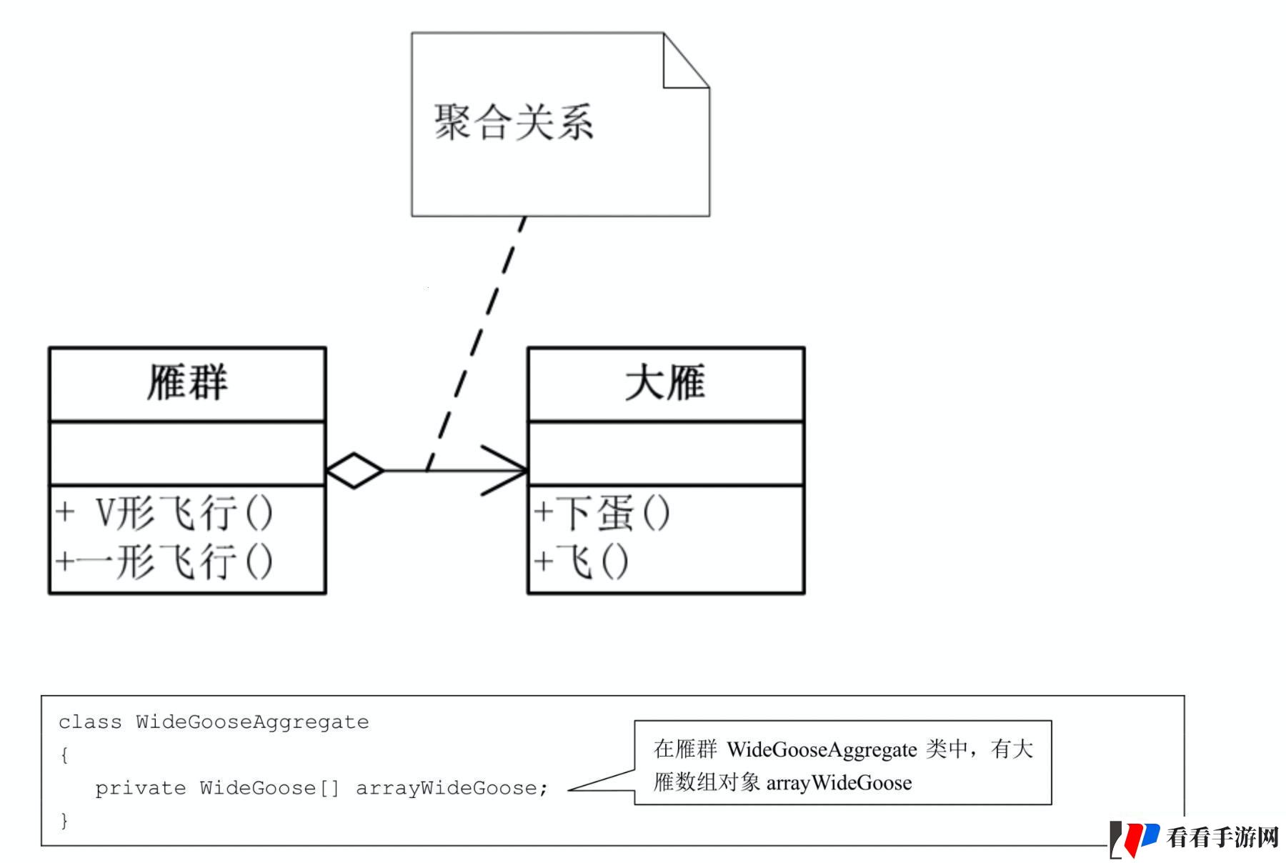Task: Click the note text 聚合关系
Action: pos(514,122)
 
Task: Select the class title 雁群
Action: pos(187,382)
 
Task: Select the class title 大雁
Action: pos(665,382)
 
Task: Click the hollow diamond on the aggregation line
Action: pos(354,470)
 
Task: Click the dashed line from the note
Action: pos(476,344)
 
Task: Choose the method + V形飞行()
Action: pos(164,513)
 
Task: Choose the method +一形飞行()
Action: pos(164,561)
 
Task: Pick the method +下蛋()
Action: pos(602,513)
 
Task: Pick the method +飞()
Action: pos(581,561)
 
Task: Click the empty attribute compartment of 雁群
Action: pos(187,453)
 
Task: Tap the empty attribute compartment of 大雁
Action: pos(666,453)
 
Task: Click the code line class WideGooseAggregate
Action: pos(214,722)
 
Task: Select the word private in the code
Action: pos(140,788)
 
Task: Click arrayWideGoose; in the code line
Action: pos(452,788)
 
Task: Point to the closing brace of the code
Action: pos(64,820)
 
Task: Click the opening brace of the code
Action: pos(64,755)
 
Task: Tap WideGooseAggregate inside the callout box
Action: pos(822,749)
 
